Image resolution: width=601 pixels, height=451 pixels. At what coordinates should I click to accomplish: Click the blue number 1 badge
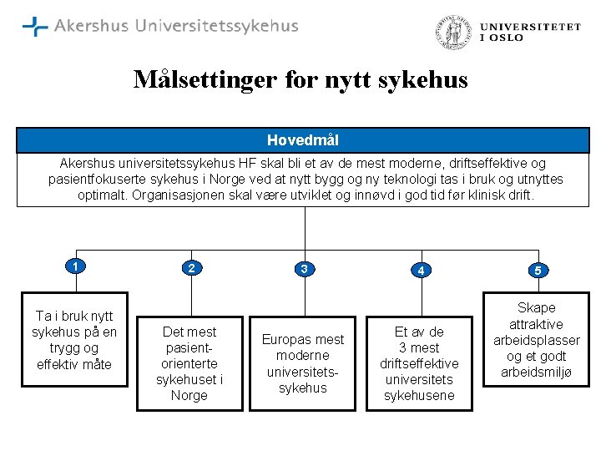75,266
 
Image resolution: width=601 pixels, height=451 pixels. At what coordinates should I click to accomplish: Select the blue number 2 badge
191,268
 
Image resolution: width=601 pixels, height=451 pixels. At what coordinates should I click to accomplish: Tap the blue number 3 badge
305,269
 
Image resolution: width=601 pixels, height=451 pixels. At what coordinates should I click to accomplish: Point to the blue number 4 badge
423,271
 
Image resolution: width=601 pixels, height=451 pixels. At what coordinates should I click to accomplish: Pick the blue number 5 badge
538,271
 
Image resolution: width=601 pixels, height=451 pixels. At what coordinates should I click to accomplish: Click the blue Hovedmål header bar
302,140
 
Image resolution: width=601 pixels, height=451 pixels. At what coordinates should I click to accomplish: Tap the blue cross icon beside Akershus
35,27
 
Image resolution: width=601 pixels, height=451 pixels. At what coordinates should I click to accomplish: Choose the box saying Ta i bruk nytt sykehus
74,339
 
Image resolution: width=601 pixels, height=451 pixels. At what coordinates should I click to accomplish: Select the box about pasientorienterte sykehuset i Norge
189,363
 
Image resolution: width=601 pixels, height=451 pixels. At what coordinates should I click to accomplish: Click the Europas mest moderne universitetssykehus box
303,363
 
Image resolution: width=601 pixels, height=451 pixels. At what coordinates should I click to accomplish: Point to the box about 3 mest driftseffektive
419,363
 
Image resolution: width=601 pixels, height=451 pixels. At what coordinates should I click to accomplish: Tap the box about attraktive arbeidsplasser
537,340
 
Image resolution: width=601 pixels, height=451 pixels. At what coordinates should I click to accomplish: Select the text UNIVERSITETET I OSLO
530,32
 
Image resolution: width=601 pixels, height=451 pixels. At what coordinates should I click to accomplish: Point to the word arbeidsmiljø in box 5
537,372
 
